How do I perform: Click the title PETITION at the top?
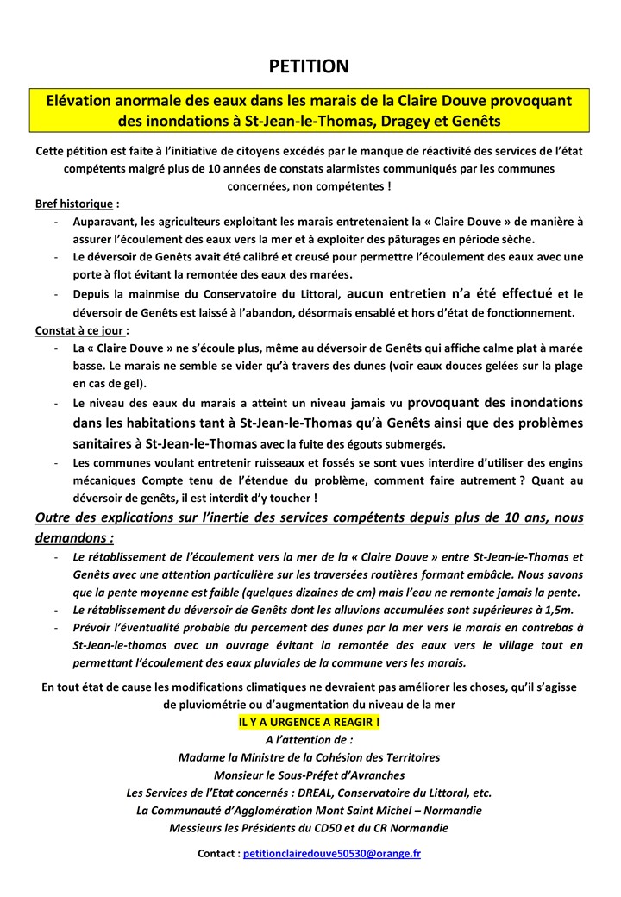309,66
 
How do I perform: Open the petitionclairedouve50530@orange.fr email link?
332,853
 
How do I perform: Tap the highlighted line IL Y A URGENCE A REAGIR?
310,721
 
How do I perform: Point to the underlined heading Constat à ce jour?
81,330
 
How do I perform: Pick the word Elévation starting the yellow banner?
84,101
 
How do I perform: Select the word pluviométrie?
214,703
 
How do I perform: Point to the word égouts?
361,444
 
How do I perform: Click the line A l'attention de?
309,739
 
